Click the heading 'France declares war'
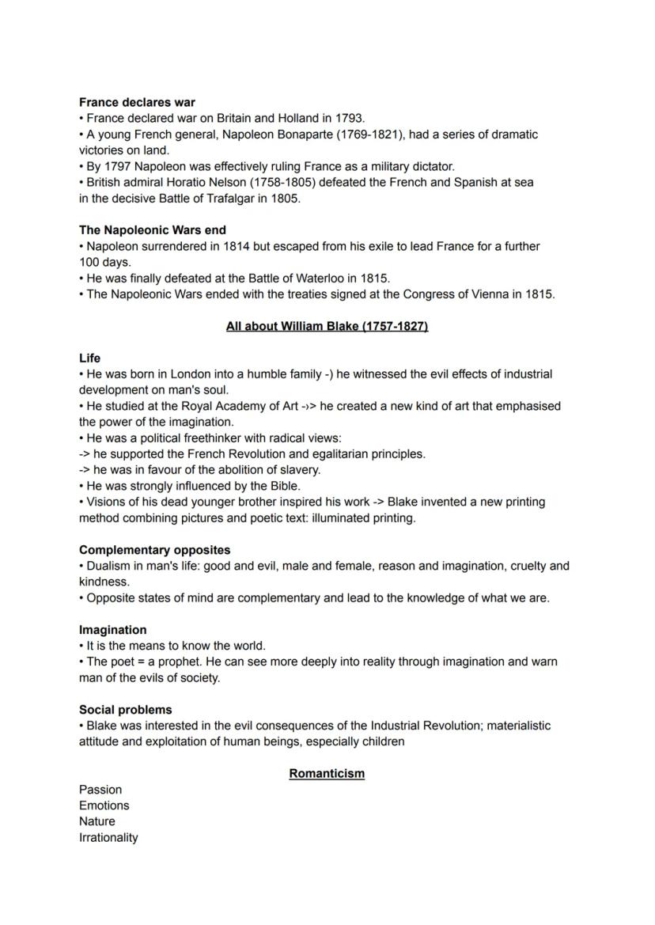[137, 102]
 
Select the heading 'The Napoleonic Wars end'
[152, 230]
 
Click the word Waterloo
[316, 279]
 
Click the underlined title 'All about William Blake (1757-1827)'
[327, 326]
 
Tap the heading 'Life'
[89, 358]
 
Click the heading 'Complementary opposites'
[154, 550]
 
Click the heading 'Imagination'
[112, 630]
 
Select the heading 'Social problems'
[125, 710]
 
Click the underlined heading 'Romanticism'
[327, 773]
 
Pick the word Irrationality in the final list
[108, 837]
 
